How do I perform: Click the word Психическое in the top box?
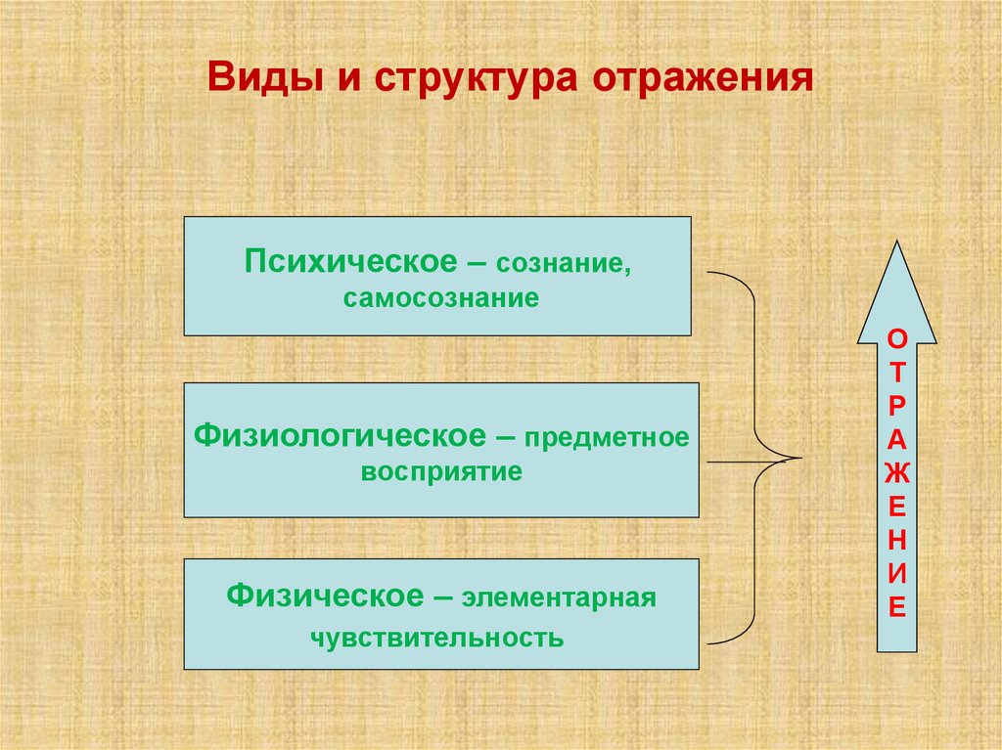tap(351, 262)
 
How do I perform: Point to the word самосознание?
tap(440, 298)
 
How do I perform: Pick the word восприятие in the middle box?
tap(441, 471)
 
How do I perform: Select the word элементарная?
tap(559, 597)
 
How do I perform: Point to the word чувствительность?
tap(437, 639)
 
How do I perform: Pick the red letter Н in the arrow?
tap(896, 540)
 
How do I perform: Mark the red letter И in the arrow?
tap(896, 573)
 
